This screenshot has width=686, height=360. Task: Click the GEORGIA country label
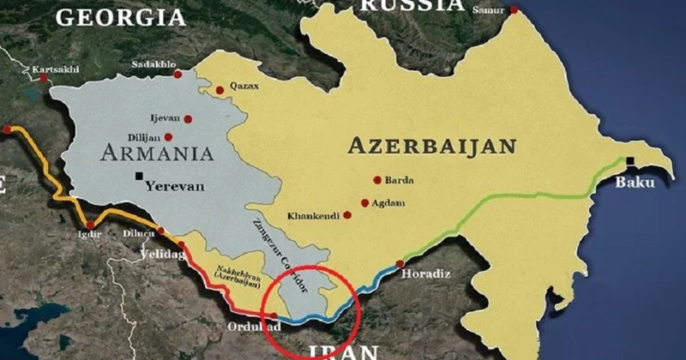119,16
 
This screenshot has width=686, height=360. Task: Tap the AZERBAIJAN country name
431,146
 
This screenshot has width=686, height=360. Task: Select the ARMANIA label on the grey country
156,153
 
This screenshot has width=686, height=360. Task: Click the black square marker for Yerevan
138,177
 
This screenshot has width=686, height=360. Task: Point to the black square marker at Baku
630,161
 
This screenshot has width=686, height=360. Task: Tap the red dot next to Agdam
365,203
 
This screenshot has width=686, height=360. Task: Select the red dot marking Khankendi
347,215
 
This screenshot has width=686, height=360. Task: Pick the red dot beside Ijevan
188,119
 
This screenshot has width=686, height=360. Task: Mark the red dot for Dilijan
169,137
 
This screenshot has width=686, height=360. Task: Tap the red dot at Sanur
514,10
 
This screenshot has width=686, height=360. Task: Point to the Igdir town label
87,233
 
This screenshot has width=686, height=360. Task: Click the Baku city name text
635,183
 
